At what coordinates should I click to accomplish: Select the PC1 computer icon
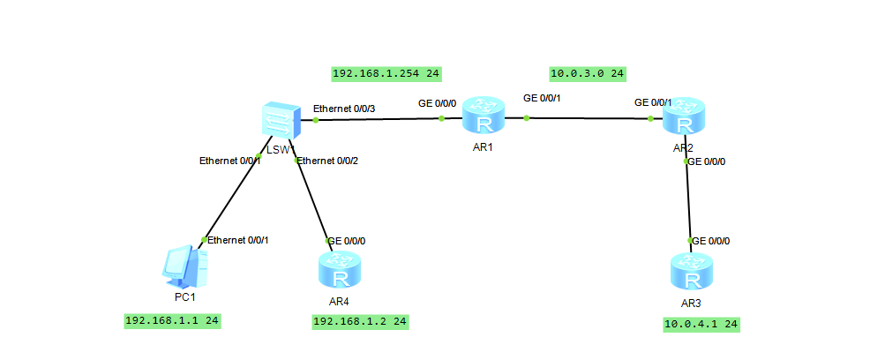185,267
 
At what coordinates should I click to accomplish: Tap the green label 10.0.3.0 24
587,74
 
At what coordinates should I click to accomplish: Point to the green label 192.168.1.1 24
172,321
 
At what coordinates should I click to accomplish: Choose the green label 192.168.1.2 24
360,322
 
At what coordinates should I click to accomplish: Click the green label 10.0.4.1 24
701,325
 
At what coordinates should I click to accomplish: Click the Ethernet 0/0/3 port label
344,109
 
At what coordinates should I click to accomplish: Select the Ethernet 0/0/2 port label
327,161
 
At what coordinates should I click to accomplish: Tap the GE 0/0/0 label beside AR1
438,103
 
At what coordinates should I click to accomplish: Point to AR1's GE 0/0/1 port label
542,98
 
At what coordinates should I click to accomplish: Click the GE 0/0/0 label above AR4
347,241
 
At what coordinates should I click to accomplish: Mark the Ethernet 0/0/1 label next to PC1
237,240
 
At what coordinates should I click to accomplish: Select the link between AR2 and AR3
688,201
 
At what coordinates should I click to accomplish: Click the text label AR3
691,303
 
